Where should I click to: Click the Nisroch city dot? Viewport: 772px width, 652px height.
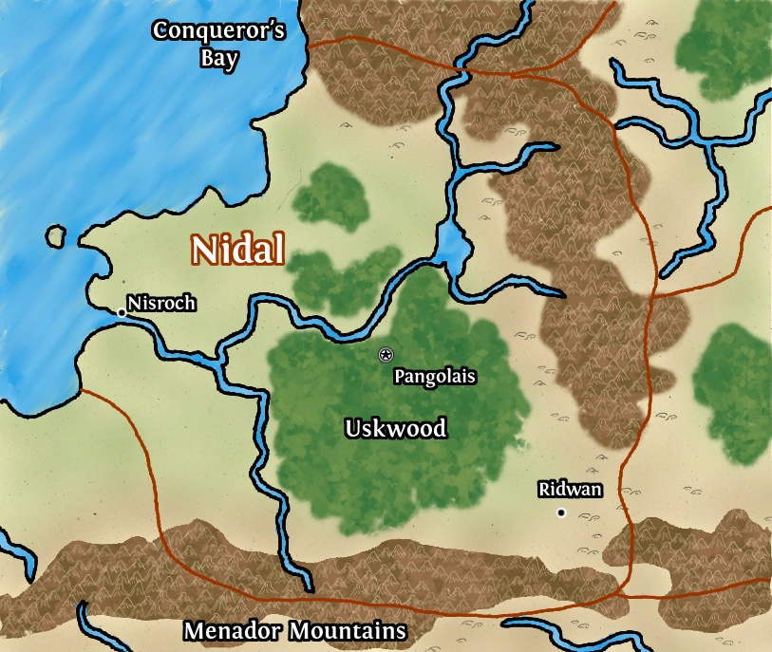(122, 312)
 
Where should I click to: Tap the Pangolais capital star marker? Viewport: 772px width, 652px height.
(386, 355)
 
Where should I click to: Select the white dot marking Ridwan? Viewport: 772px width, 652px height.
(561, 512)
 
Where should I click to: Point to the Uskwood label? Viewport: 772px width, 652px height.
(395, 429)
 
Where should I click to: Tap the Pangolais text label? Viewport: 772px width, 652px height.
(435, 377)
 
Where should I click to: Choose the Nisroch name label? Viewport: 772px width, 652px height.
(162, 304)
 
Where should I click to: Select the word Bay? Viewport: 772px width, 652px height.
(219, 57)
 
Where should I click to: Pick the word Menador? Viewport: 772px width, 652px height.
(234, 631)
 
